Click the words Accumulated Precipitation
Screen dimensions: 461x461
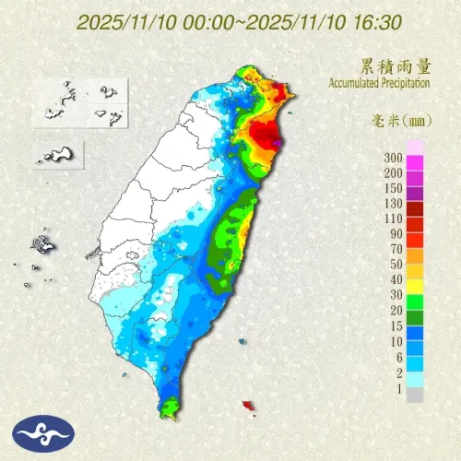tap(378, 83)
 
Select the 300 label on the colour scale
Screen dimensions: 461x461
tap(393, 158)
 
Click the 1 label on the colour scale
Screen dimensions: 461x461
tap(398, 388)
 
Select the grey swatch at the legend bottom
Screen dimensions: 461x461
tap(415, 396)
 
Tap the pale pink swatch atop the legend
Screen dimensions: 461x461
tap(415, 147)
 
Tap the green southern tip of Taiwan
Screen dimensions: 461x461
tap(168, 406)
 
